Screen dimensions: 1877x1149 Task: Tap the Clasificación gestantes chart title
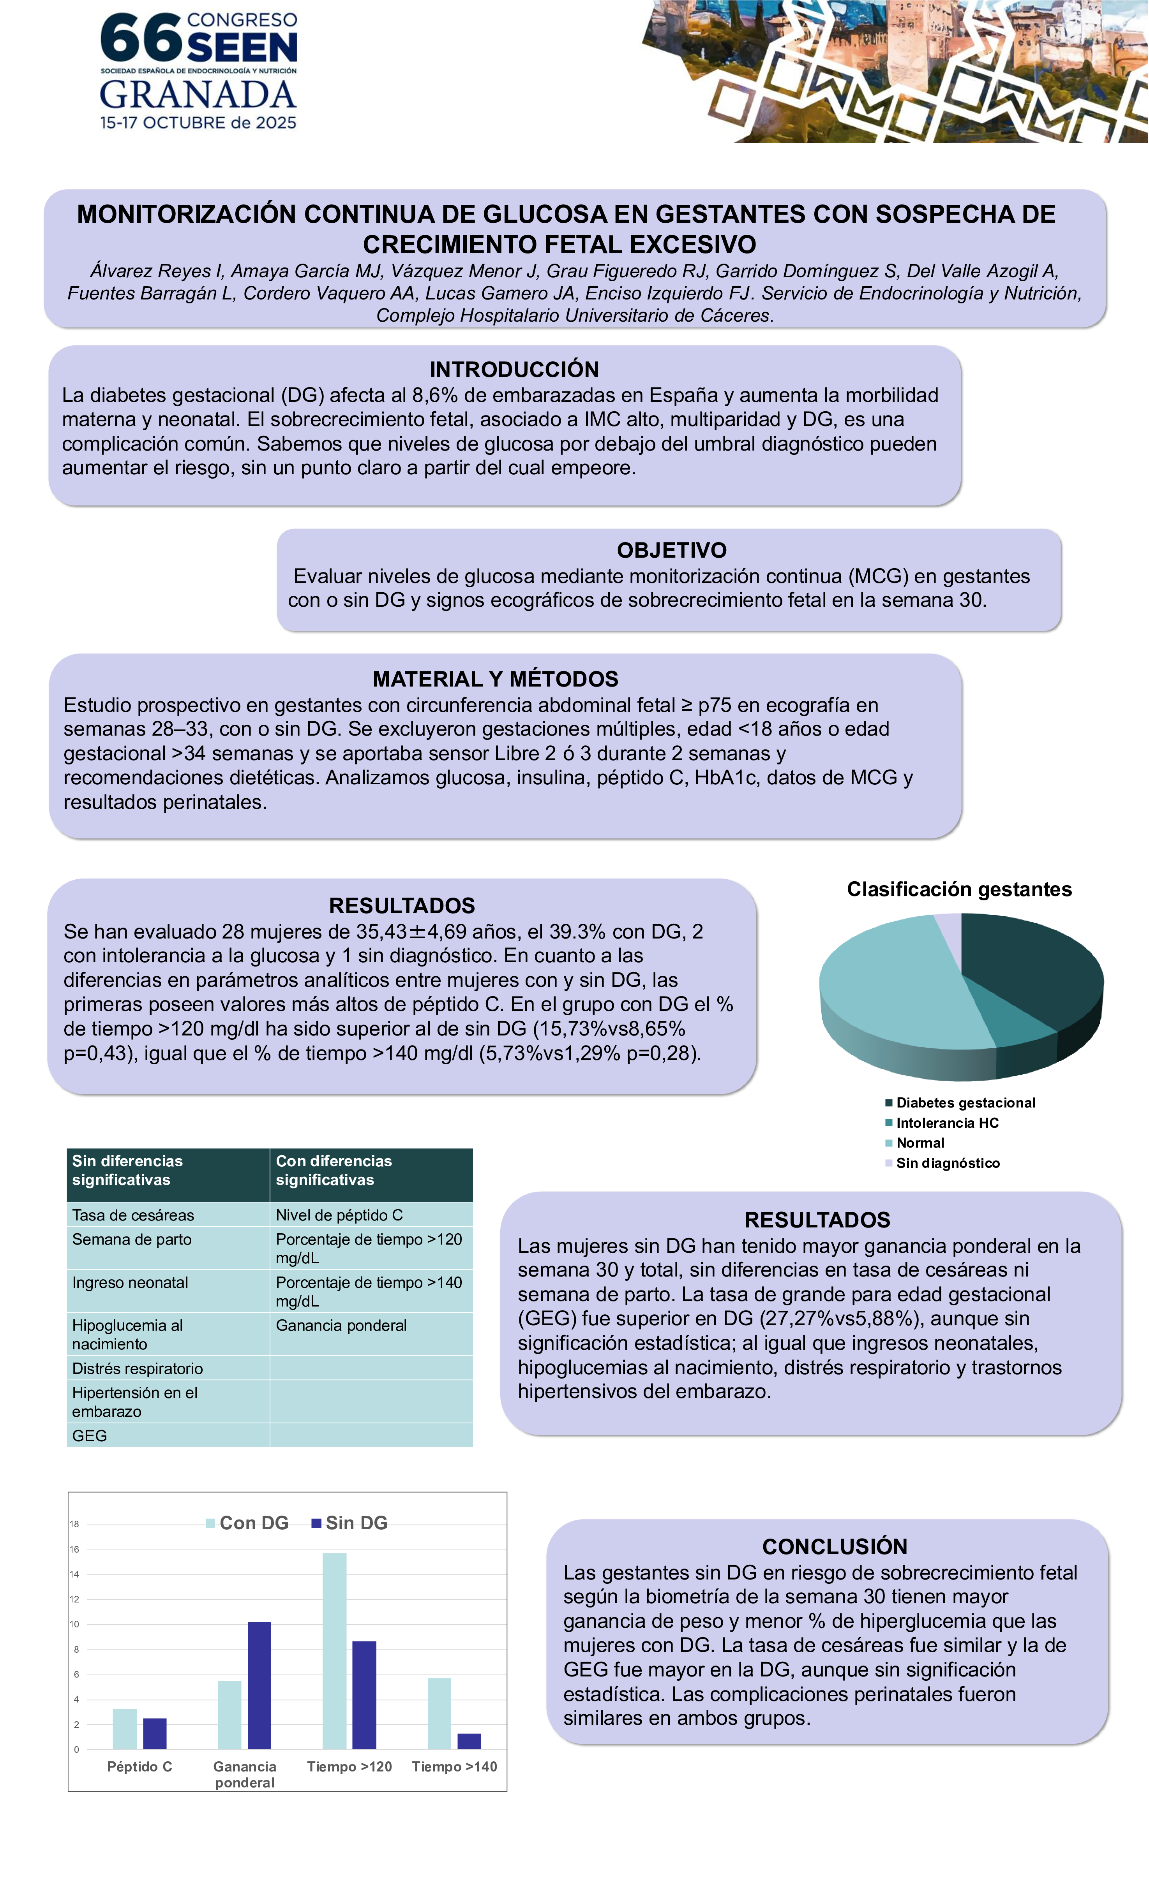click(959, 889)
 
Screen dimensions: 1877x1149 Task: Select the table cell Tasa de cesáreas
click(133, 1215)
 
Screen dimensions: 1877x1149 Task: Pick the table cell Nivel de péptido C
click(339, 1215)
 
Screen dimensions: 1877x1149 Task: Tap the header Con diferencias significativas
click(334, 1170)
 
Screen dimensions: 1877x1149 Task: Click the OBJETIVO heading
click(671, 550)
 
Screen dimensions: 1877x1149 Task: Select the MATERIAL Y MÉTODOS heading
click(495, 679)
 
